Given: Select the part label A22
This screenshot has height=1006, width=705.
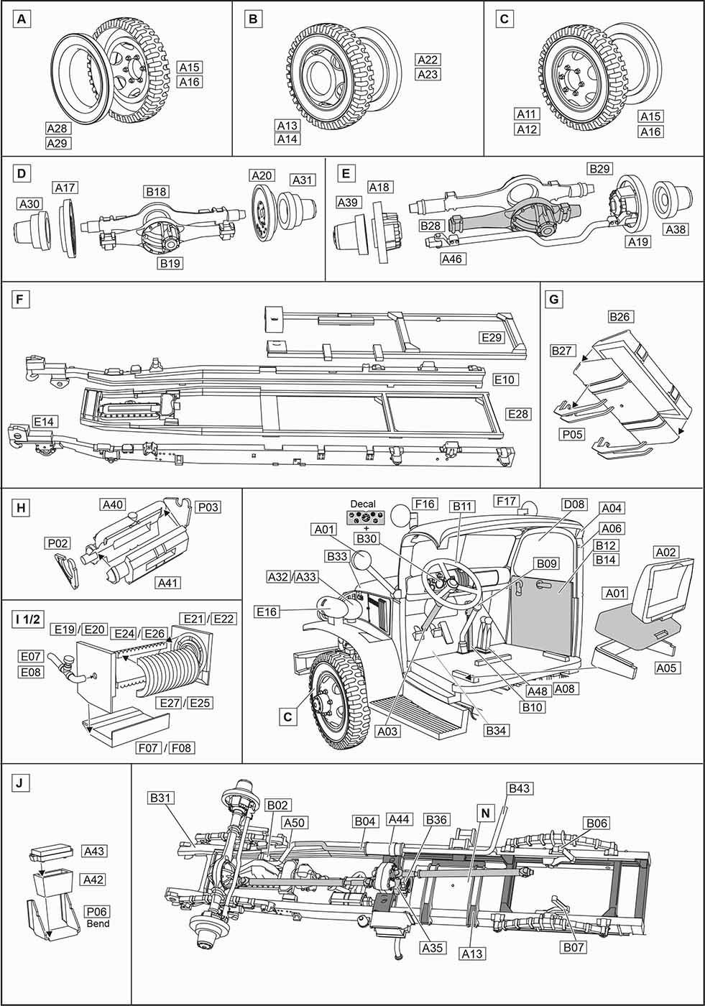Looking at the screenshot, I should [428, 60].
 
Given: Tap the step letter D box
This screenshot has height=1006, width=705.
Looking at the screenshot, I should [22, 174].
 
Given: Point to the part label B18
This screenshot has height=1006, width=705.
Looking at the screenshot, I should [156, 192].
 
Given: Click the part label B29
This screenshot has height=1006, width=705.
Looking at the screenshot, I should [599, 169].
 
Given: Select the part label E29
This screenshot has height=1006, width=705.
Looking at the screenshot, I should [492, 337].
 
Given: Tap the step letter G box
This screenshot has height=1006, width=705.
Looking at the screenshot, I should [554, 297].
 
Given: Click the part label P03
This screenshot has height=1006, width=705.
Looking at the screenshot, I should [208, 507].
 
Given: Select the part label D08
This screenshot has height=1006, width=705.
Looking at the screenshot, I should [573, 505].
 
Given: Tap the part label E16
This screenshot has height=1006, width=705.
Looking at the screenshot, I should [267, 612].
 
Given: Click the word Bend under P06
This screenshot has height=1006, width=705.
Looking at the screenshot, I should [98, 923].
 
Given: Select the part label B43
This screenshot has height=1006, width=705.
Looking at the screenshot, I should [519, 788].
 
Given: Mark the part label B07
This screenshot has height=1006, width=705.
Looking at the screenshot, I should [574, 947].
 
